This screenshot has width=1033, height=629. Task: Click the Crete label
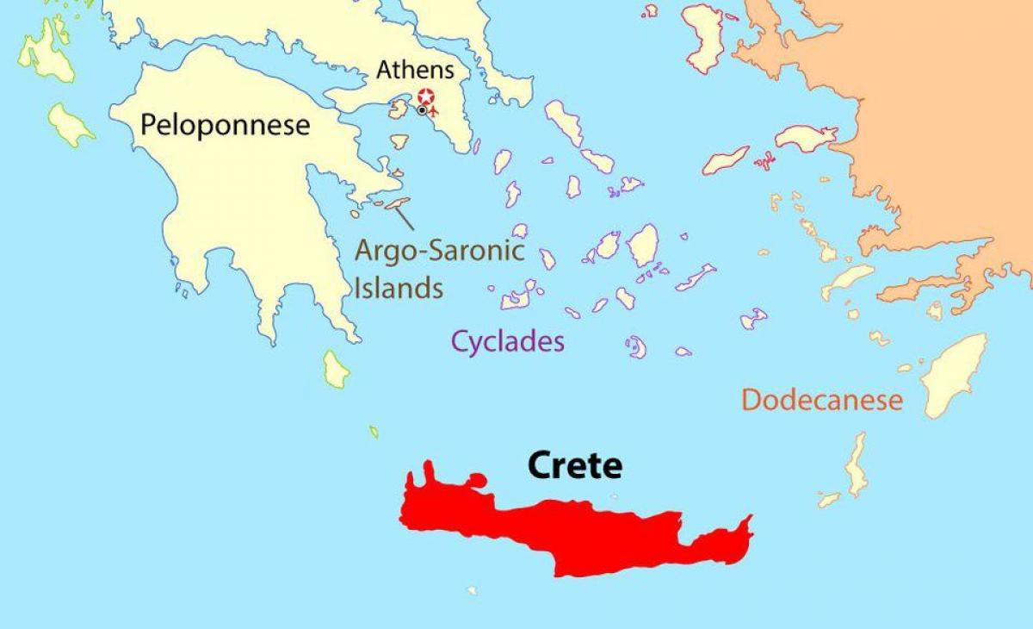click(x=574, y=465)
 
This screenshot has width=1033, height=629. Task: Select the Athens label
click(x=415, y=70)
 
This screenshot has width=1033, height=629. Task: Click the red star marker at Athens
click(x=425, y=96)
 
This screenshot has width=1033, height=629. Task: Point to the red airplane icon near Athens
click(x=435, y=110)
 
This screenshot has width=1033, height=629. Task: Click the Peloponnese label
click(x=225, y=126)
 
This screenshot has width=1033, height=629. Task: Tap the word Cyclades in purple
click(x=509, y=341)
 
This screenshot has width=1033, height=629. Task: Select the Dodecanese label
click(x=821, y=400)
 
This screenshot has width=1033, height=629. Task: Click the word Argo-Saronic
click(x=440, y=252)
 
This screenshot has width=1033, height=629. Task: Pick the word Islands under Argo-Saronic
click(x=399, y=287)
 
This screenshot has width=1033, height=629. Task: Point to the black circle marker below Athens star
click(x=421, y=110)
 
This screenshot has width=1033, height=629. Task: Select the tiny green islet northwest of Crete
click(x=374, y=431)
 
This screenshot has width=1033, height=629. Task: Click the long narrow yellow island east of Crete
click(x=856, y=464)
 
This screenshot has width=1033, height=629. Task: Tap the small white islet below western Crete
click(x=472, y=590)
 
